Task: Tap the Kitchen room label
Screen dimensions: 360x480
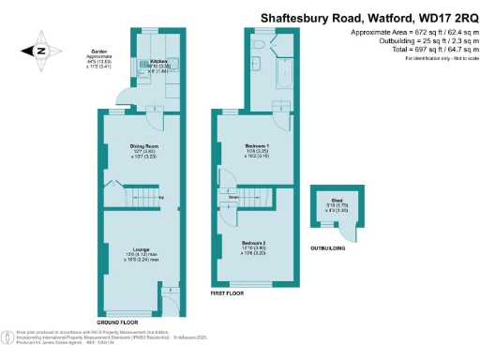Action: (x=158, y=61)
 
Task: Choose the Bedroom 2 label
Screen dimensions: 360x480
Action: (x=255, y=241)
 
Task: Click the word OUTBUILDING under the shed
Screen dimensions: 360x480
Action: (x=328, y=247)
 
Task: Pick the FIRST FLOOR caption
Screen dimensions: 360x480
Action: (x=228, y=293)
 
